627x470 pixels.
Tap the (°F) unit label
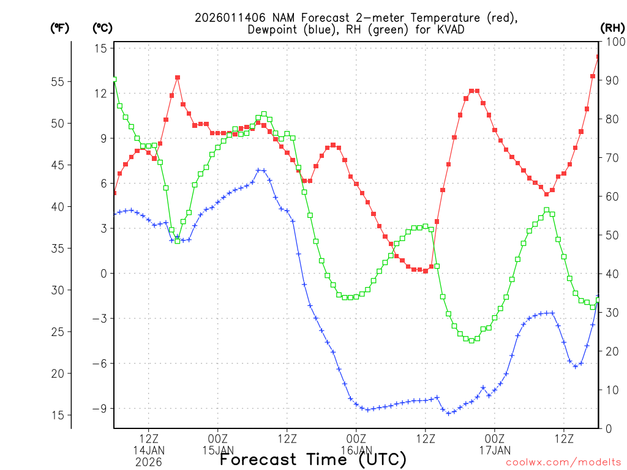coord(59,28)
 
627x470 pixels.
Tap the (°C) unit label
coord(102,28)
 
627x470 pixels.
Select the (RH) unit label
coord(612,28)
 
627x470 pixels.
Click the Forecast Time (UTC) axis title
coord(313,459)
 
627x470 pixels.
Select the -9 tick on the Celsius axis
coord(100,408)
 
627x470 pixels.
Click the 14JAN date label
coord(149,450)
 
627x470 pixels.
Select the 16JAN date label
coord(356,450)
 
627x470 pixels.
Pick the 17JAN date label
coord(495,450)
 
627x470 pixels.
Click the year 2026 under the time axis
coord(149,462)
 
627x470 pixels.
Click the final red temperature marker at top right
coord(599,57)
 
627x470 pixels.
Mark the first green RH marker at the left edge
coord(115,80)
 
